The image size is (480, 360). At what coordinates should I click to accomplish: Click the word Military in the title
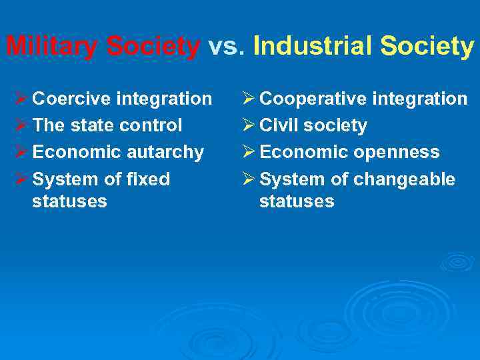pyautogui.click(x=53, y=47)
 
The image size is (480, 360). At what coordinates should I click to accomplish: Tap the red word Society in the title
pyautogui.click(x=153, y=47)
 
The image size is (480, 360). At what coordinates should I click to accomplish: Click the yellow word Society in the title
pyautogui.click(x=427, y=47)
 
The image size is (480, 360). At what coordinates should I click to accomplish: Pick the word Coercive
pyautogui.click(x=72, y=99)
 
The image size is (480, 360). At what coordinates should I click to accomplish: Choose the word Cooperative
pyautogui.click(x=313, y=99)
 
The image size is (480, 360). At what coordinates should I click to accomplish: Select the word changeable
pyautogui.click(x=404, y=179)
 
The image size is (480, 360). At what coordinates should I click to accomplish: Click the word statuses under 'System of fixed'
pyautogui.click(x=69, y=201)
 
